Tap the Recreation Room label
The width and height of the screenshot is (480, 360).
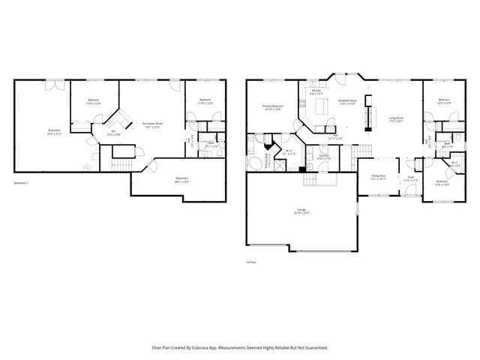point(153,124)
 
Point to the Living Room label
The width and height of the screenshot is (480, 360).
point(396,119)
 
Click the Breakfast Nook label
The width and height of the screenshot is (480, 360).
point(347,101)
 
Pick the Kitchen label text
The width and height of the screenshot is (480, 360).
point(316,92)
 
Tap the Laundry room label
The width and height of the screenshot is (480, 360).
point(324,157)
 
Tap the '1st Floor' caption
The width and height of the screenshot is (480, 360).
point(250,262)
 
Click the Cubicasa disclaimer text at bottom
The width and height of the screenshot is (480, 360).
point(239,348)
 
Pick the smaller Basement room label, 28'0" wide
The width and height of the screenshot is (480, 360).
point(181,178)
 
